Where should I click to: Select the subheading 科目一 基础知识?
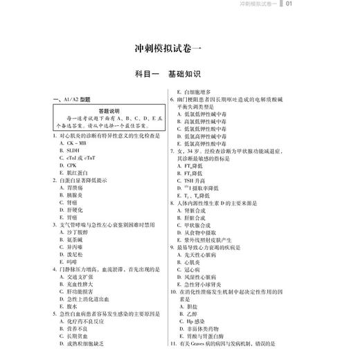point(179,74)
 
